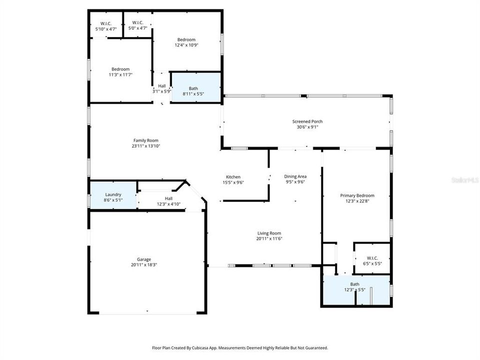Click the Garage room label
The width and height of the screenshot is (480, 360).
coord(144,259)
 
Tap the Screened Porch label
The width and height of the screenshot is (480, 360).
coord(307,121)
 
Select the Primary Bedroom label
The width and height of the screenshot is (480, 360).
coord(357,195)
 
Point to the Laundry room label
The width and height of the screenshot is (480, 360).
coord(113,194)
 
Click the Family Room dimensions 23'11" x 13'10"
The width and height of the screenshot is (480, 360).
coord(145,146)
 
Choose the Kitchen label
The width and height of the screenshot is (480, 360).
coord(233,177)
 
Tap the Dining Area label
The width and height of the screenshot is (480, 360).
coord(295,176)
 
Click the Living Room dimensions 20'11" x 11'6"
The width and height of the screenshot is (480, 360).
coord(269,238)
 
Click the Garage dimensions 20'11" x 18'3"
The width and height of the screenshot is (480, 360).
coord(144,264)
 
